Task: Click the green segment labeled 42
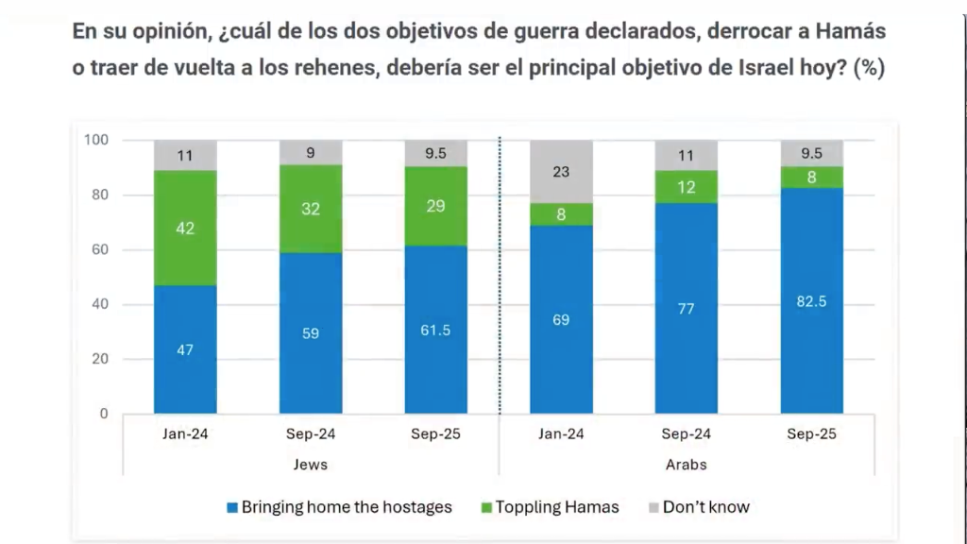point(185,228)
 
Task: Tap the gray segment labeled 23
point(561,172)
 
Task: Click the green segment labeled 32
point(310,209)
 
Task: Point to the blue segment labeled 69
point(561,319)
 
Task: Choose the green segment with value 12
point(686,187)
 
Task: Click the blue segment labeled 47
point(185,349)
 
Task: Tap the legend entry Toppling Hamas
point(556,507)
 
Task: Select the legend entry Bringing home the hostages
point(346,507)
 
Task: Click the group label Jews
point(310,465)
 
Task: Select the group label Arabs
point(686,465)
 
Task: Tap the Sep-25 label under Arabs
point(811,434)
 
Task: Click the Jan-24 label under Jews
point(185,434)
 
